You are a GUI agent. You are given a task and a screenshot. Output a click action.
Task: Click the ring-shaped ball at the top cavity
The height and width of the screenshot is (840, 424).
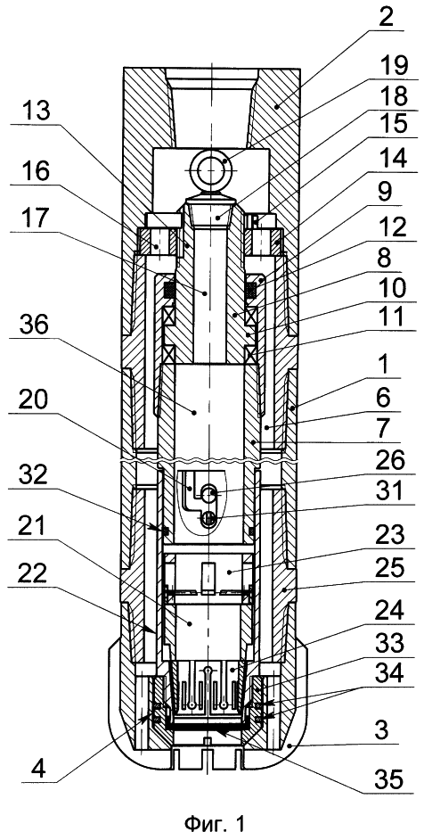point(210,166)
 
